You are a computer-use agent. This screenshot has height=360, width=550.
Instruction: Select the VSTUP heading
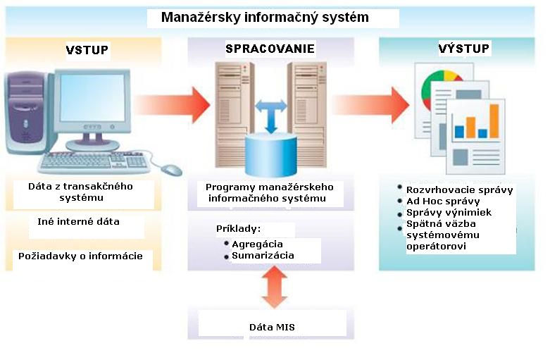[x=87, y=50]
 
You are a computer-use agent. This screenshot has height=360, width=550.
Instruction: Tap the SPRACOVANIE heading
[x=270, y=49]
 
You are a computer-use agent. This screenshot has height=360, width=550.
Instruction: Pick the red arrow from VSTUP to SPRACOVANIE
[x=173, y=104]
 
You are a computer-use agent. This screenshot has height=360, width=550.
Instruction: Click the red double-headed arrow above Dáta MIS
[x=271, y=287]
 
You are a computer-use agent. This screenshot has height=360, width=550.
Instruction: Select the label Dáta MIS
[x=271, y=327]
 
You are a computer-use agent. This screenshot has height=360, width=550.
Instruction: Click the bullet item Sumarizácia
[x=263, y=256]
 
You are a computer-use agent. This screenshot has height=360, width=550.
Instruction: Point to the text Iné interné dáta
[x=78, y=221]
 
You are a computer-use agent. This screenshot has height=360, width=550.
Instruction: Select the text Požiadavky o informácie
[x=80, y=256]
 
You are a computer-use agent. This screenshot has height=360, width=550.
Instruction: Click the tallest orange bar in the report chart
[x=493, y=120]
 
